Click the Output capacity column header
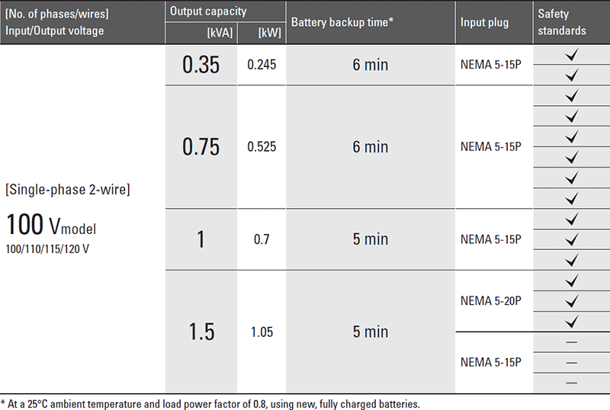tap(208, 11)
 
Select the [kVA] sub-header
tap(220, 33)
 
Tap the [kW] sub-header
tap(270, 33)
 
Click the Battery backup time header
tap(342, 22)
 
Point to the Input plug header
tap(484, 23)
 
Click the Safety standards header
tap(562, 22)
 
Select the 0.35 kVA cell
tap(201, 65)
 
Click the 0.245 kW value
tap(262, 65)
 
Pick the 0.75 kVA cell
tap(201, 147)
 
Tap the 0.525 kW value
tap(262, 147)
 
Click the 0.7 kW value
tap(262, 239)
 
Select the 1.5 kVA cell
tap(201, 332)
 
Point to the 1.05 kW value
tap(262, 332)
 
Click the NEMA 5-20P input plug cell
tap(490, 301)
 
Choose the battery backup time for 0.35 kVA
tap(371, 65)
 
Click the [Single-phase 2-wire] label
tap(68, 190)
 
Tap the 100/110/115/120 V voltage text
tap(47, 249)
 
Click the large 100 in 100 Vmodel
tap(25, 225)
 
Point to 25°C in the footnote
tap(37, 404)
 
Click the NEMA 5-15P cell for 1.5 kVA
tap(490, 362)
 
